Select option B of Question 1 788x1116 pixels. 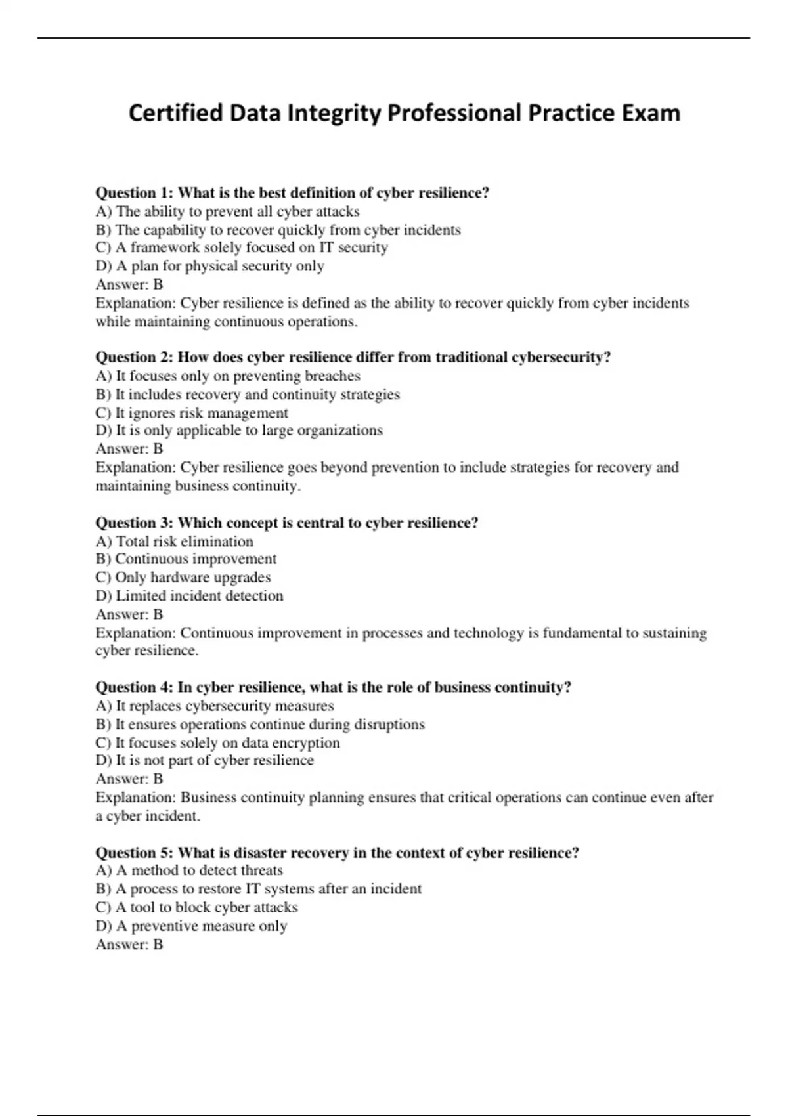(x=278, y=230)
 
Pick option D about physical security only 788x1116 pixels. (x=209, y=266)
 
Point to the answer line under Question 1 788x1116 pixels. (x=129, y=284)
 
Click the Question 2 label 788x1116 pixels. (x=135, y=357)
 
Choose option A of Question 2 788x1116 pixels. (x=228, y=376)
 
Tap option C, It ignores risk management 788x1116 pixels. (x=192, y=413)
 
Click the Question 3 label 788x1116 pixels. (x=135, y=523)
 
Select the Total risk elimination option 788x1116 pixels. (x=174, y=542)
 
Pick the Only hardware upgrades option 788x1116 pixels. (x=183, y=577)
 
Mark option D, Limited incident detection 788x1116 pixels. (x=189, y=596)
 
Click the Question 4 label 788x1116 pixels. (x=135, y=687)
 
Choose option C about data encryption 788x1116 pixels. (x=217, y=743)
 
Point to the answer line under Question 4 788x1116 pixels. (x=129, y=779)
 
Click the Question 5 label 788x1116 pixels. (x=135, y=853)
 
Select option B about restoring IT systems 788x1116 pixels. (x=259, y=889)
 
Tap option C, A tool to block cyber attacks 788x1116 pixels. (x=196, y=907)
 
